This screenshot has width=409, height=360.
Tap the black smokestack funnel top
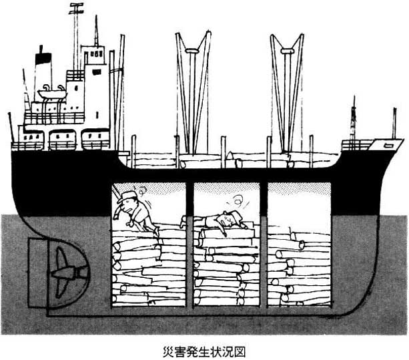[x=43, y=58]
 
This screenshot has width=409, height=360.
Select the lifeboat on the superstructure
[x=52, y=94]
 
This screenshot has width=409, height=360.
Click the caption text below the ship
[x=204, y=351]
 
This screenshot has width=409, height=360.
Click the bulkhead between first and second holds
[x=189, y=244]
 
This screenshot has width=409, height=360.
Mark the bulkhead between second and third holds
[x=264, y=244]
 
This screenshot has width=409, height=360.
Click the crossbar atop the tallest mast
[x=76, y=9]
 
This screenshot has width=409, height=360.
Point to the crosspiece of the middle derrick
[x=193, y=50]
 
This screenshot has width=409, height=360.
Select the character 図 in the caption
[x=240, y=351]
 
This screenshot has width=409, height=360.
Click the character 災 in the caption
[x=168, y=351]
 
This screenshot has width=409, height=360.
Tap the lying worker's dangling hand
[x=224, y=233]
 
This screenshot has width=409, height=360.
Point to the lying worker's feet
[x=184, y=222]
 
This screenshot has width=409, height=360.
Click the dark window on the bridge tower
[x=96, y=71]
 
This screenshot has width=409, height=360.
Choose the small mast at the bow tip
[x=394, y=123]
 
